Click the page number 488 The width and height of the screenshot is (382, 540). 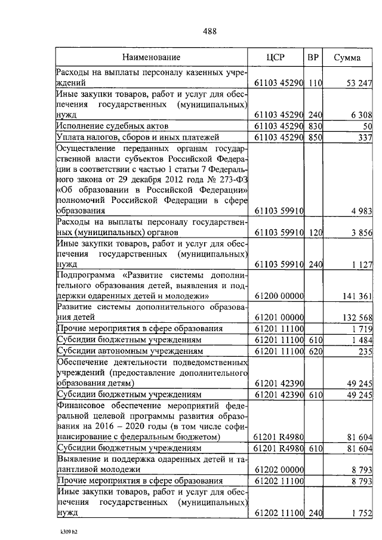tap(208, 32)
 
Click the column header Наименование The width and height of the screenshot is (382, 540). tap(152, 58)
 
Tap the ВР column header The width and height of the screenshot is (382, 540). tap(313, 58)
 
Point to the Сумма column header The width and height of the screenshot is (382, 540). tap(347, 58)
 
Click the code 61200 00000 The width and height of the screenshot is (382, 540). tap(279, 295)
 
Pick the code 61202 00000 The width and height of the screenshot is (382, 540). tap(279, 470)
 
